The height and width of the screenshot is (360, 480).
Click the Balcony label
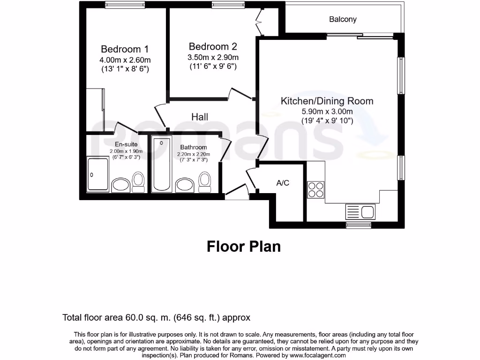coord(343,19)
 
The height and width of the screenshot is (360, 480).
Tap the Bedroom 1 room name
coord(125,49)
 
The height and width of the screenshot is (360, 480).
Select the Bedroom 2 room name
coord(213,46)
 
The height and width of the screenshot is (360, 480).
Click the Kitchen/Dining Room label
coord(327,101)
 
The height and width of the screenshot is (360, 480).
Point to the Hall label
coord(200,117)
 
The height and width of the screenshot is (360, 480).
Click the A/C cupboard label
coord(283,183)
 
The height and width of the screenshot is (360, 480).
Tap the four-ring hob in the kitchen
coord(315,190)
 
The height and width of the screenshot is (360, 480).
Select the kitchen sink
coord(360,211)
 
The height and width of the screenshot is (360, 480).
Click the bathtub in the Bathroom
coord(162,164)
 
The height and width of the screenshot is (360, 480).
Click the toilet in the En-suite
coord(138,181)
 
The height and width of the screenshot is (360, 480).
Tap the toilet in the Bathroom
coord(204,181)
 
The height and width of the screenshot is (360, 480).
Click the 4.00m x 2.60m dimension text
coord(125,60)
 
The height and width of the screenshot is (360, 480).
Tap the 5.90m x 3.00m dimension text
coord(327,112)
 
